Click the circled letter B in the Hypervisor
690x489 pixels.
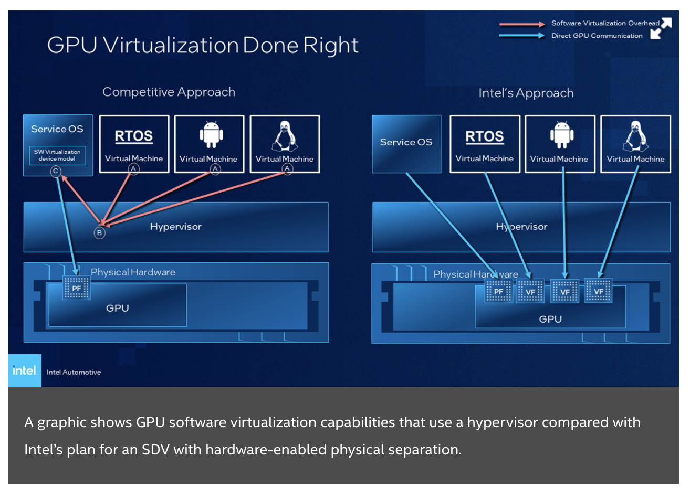99,232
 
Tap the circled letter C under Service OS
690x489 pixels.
56,171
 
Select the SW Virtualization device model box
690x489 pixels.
58,155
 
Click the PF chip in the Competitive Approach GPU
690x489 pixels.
76,288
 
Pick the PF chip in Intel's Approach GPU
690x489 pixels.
498,291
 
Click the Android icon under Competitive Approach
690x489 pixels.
211,134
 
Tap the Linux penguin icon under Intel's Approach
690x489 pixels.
635,136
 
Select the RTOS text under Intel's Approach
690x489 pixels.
485,136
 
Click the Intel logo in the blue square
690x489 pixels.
25,370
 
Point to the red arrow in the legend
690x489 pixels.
522,24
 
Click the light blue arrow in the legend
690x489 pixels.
522,35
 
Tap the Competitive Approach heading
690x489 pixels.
169,92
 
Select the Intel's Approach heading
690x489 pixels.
526,93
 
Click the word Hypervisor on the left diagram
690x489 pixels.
175,227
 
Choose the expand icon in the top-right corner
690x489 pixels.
661,28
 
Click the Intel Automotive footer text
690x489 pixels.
74,372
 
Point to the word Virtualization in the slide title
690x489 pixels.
171,45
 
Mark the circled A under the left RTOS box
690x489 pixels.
133,168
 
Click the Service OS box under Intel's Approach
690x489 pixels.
406,144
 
